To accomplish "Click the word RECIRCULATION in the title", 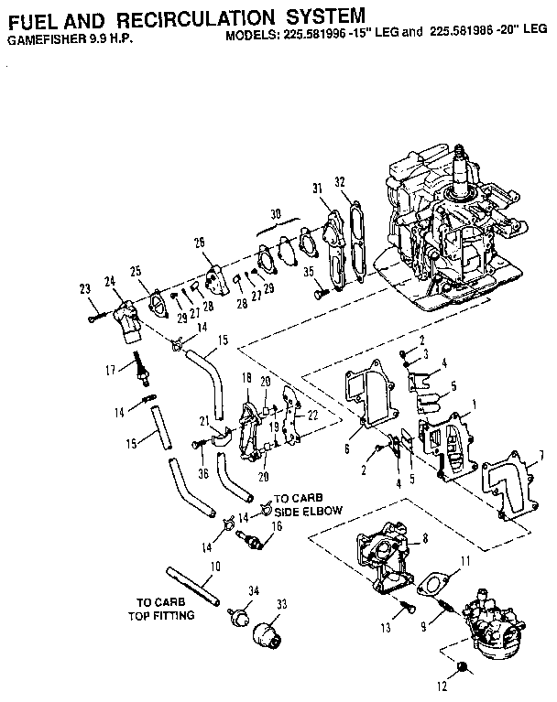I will (x=187, y=16).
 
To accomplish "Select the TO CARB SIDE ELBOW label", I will (x=308, y=507).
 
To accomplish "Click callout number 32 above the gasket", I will (x=340, y=181).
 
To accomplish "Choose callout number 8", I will (x=425, y=541).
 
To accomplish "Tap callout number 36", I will (x=202, y=473).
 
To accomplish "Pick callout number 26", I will (x=198, y=243).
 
